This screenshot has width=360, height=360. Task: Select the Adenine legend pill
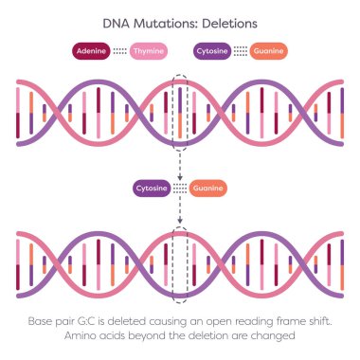click(x=90, y=50)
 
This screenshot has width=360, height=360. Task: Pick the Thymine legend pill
click(x=149, y=50)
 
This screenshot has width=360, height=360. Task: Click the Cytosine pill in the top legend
click(x=213, y=50)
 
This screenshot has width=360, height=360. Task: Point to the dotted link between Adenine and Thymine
click(x=119, y=50)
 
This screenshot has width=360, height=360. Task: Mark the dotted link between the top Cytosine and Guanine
click(x=242, y=50)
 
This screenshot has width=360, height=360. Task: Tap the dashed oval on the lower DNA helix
click(x=180, y=257)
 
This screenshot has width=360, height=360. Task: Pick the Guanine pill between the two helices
click(x=208, y=188)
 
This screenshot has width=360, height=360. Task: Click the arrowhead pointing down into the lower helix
click(x=180, y=225)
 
